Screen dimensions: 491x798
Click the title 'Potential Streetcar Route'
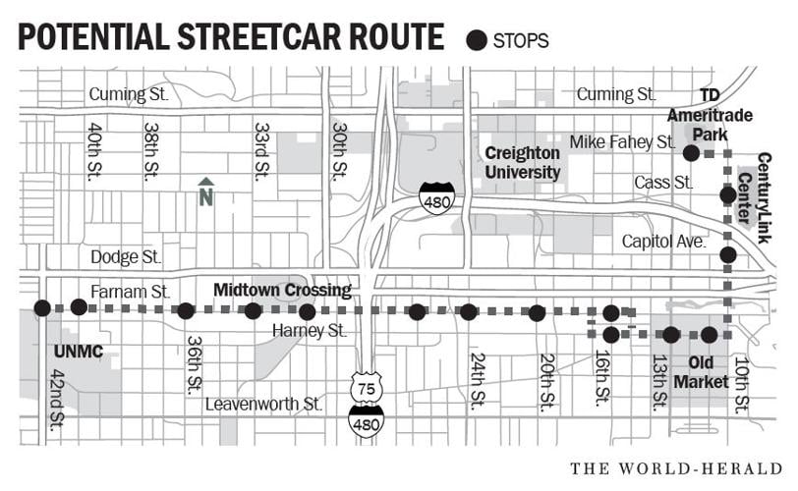pyautogui.click(x=231, y=36)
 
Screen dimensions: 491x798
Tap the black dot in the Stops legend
pyautogui.click(x=477, y=40)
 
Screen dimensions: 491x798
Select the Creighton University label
pyautogui.click(x=522, y=163)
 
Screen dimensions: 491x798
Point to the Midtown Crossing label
pyautogui.click(x=283, y=290)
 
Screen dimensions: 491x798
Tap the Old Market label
pyautogui.click(x=708, y=371)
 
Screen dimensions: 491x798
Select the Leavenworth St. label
pyautogui.click(x=263, y=403)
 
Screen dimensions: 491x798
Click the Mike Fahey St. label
pyautogui.click(x=622, y=142)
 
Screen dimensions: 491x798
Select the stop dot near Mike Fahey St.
pyautogui.click(x=691, y=153)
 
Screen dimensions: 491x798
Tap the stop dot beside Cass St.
pyautogui.click(x=727, y=194)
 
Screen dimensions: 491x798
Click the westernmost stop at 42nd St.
pyautogui.click(x=41, y=308)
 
